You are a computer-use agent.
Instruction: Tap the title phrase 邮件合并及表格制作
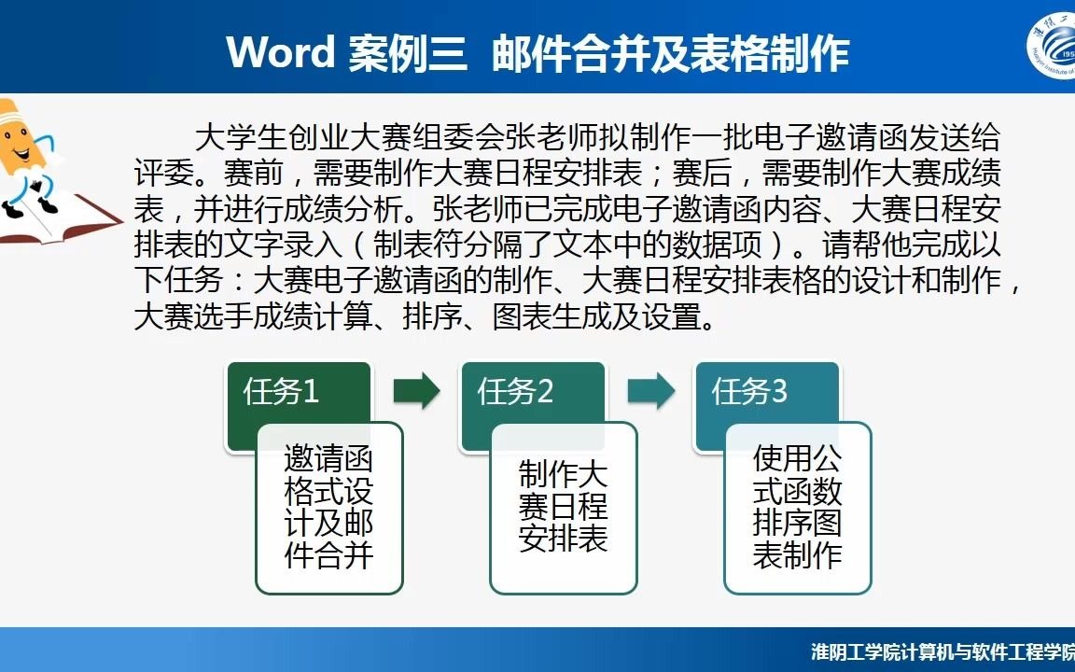[x=671, y=53]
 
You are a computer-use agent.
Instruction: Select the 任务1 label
[x=280, y=392]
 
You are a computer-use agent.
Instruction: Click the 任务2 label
[x=515, y=392]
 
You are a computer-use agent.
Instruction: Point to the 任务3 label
[x=749, y=392]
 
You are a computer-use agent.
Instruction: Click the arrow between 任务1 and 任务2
[x=417, y=391]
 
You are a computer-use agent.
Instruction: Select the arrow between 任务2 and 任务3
[x=651, y=391]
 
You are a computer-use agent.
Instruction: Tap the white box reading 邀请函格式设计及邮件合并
[x=329, y=508]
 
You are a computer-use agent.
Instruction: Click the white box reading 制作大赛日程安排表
[x=564, y=508]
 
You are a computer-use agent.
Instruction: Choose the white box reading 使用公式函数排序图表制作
[x=797, y=508]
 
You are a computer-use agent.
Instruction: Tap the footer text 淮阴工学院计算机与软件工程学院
[x=942, y=652]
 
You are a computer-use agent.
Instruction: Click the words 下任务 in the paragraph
[x=179, y=280]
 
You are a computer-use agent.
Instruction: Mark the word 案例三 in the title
[x=408, y=53]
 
